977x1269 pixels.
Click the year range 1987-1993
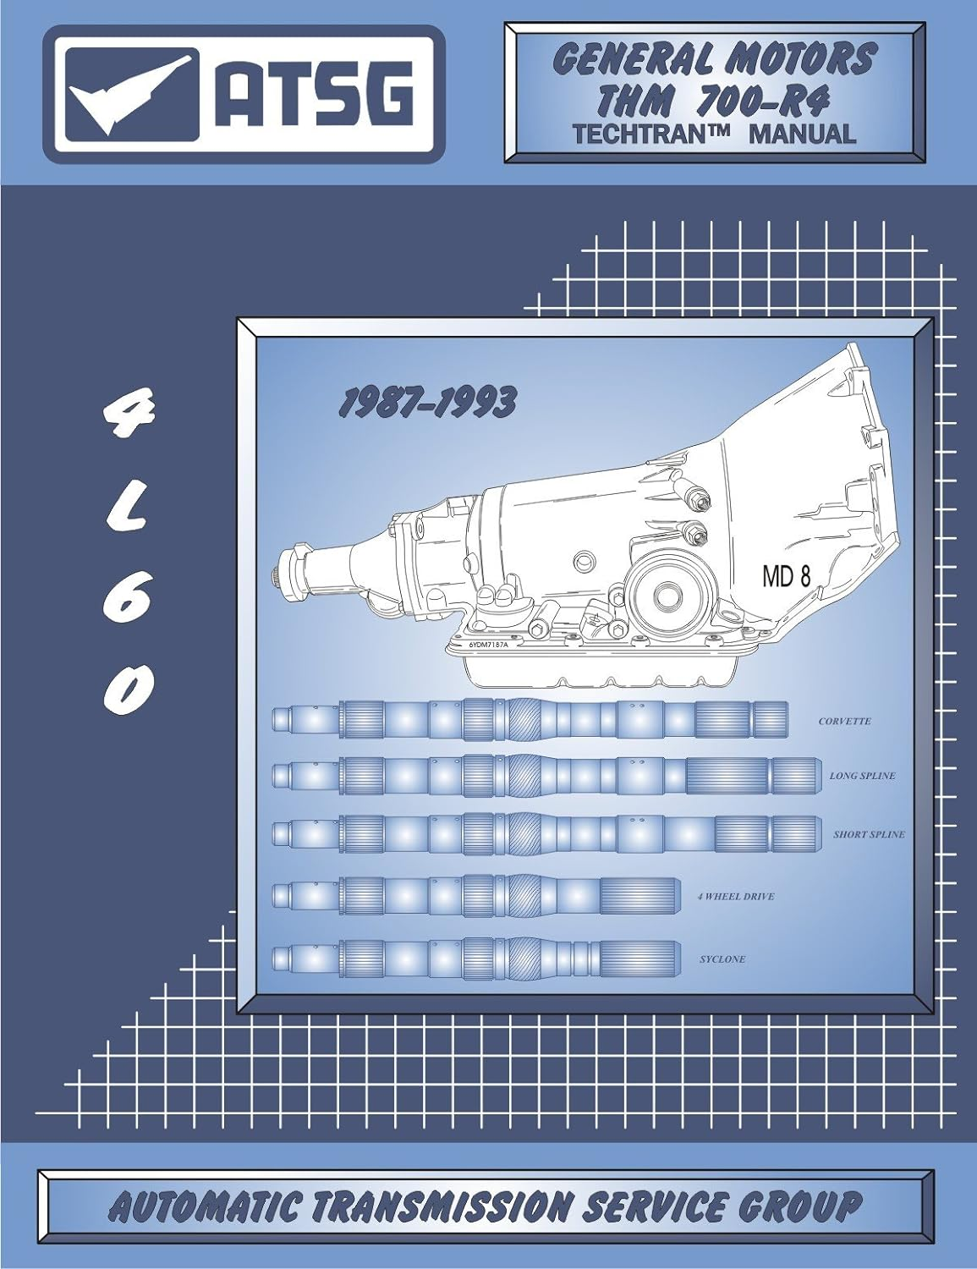pos(425,404)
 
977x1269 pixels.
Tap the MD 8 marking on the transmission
pos(786,578)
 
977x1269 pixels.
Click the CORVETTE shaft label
pos(843,722)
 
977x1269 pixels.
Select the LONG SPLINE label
pos(861,776)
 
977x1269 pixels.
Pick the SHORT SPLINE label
pos(868,834)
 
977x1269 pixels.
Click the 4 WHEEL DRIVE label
pos(736,896)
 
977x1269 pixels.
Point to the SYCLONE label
pos(722,959)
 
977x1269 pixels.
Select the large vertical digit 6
pos(129,596)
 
